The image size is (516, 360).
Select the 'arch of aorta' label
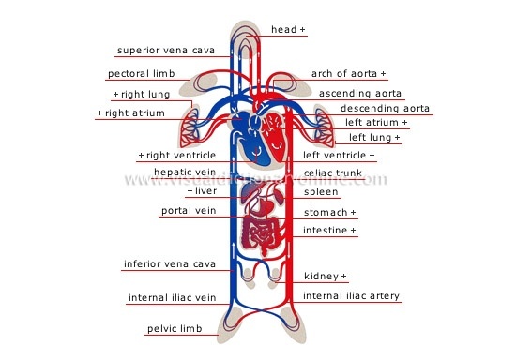(x=347, y=73)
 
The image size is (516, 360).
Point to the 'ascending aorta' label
(x=360, y=94)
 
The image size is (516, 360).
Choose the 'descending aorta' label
(x=385, y=108)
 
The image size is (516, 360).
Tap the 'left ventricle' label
(x=338, y=155)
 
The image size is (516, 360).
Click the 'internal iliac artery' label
(x=351, y=296)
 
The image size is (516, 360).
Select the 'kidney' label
(x=325, y=277)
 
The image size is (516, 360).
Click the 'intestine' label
(x=328, y=231)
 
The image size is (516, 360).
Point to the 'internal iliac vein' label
(x=172, y=298)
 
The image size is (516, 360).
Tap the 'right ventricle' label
(x=177, y=155)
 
